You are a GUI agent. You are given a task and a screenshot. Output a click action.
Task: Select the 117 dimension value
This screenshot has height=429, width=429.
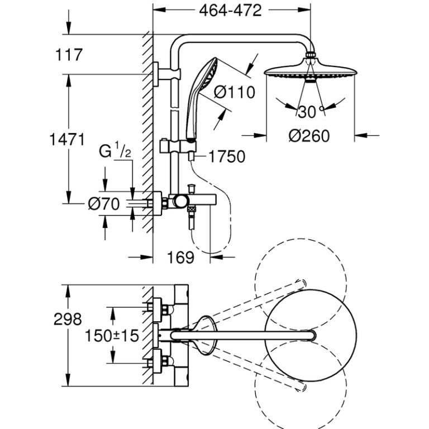(x=69, y=55)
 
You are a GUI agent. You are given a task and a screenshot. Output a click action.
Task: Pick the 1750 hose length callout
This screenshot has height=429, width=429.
(x=227, y=157)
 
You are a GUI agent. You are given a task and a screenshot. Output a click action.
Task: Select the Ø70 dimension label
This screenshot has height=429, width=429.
(x=103, y=204)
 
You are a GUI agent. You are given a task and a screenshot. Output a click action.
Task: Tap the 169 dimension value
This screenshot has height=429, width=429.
(x=180, y=257)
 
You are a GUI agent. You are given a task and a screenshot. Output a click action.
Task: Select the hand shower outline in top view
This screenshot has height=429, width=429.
(x=204, y=335)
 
